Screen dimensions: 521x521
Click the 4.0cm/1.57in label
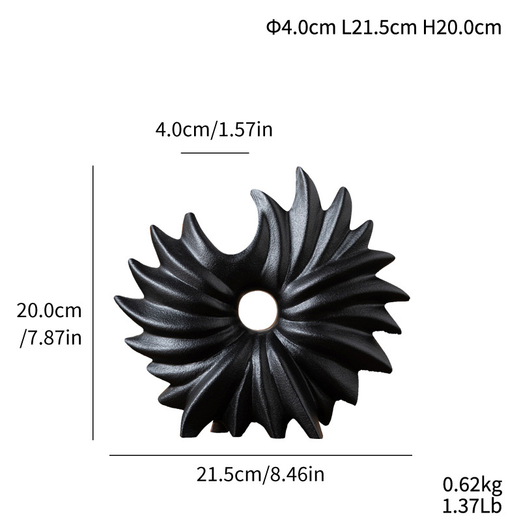(214, 129)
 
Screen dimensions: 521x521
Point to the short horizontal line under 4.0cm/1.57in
(215, 153)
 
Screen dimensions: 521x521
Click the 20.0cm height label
(49, 310)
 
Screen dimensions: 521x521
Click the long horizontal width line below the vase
(260, 455)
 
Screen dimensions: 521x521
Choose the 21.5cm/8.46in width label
(260, 474)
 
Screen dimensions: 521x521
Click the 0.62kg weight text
(473, 485)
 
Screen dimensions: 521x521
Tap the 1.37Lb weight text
(473, 505)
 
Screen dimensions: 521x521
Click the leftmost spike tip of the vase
(117, 299)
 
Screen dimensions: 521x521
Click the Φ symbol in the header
(273, 27)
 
